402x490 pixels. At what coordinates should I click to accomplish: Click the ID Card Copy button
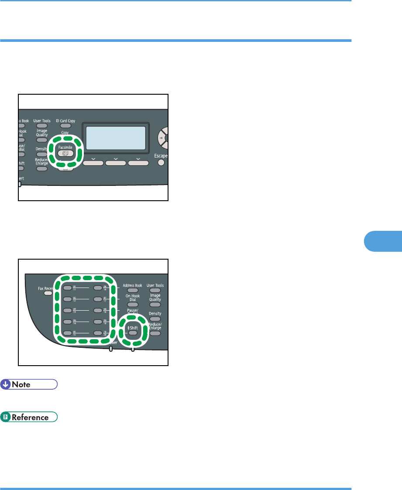tap(65, 126)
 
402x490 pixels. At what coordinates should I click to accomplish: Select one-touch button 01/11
tap(67, 288)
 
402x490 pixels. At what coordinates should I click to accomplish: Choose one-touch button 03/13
tap(67, 311)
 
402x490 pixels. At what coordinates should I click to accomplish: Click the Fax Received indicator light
tap(48, 294)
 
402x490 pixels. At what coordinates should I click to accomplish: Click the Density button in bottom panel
tap(155, 319)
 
